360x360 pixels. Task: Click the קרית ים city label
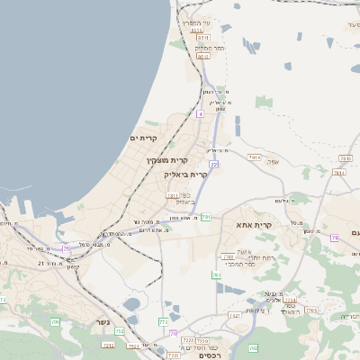click(144, 138)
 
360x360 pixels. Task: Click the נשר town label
click(103, 322)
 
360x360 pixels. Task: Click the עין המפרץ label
click(195, 22)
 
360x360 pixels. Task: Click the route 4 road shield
click(201, 114)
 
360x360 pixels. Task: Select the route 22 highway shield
click(213, 165)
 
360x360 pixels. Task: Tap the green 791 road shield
click(206, 217)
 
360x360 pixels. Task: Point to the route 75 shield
click(66, 248)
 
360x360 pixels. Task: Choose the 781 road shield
click(217, 274)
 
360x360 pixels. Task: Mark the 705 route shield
click(55, 321)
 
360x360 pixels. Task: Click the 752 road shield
click(120, 332)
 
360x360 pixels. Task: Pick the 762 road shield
click(253, 347)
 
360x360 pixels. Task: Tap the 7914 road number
click(255, 157)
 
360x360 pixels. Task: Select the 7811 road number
click(346, 158)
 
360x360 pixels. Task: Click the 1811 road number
click(173, 193)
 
